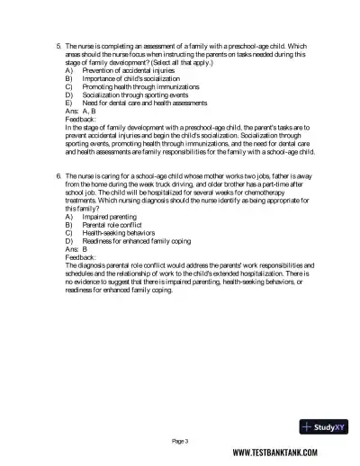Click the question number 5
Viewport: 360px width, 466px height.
click(58, 44)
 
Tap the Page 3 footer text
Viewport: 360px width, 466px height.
click(181, 441)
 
